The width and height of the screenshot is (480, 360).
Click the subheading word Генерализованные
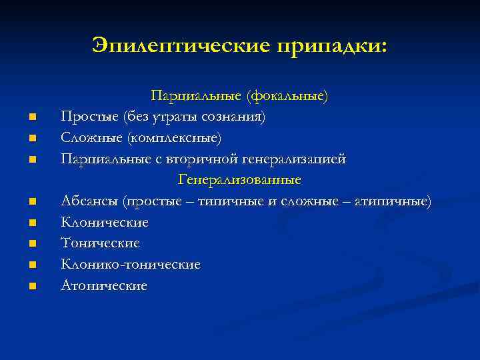coord(239,180)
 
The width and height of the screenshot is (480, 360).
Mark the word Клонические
coord(105,222)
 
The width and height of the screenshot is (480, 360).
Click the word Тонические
coord(100,243)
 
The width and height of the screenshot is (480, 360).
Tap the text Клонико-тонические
coord(131,265)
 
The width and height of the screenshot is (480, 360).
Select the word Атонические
coord(104,285)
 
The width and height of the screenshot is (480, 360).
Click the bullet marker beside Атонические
coord(31,287)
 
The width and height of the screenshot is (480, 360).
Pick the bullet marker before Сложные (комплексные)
coord(31,139)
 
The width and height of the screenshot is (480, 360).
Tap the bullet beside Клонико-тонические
coord(31,265)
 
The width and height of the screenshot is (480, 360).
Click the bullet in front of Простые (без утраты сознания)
coord(31,119)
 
